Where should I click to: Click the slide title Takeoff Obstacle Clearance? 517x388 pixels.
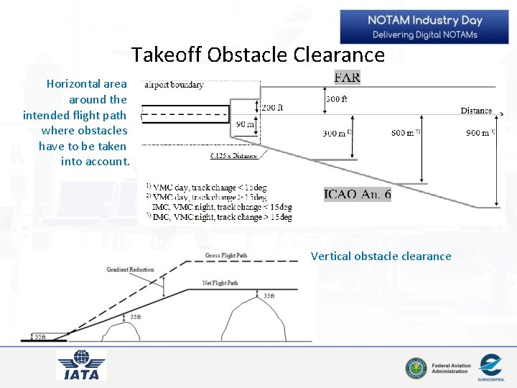pos(258,55)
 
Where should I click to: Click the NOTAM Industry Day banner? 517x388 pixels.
pos(424,27)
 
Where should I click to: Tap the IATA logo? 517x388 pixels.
pos(82,364)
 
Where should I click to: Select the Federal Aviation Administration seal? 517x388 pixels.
pos(415,369)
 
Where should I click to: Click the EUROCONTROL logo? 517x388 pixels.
pos(490,366)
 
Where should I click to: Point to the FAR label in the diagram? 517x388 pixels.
pos(347,78)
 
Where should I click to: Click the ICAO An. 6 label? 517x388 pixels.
pos(358,194)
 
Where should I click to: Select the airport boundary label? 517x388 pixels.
pos(174,85)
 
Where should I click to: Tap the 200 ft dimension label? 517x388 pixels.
pos(271,108)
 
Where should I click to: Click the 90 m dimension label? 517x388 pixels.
pos(245,124)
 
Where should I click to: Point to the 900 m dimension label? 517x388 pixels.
pos(478,133)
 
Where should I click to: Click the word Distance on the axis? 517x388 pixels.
pos(476,111)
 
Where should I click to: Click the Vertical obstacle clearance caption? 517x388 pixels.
pos(381,256)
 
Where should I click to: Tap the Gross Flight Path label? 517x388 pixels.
pos(226,256)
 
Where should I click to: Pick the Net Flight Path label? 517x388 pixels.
pos(220,283)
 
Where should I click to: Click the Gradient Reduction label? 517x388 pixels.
pos(130,269)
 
